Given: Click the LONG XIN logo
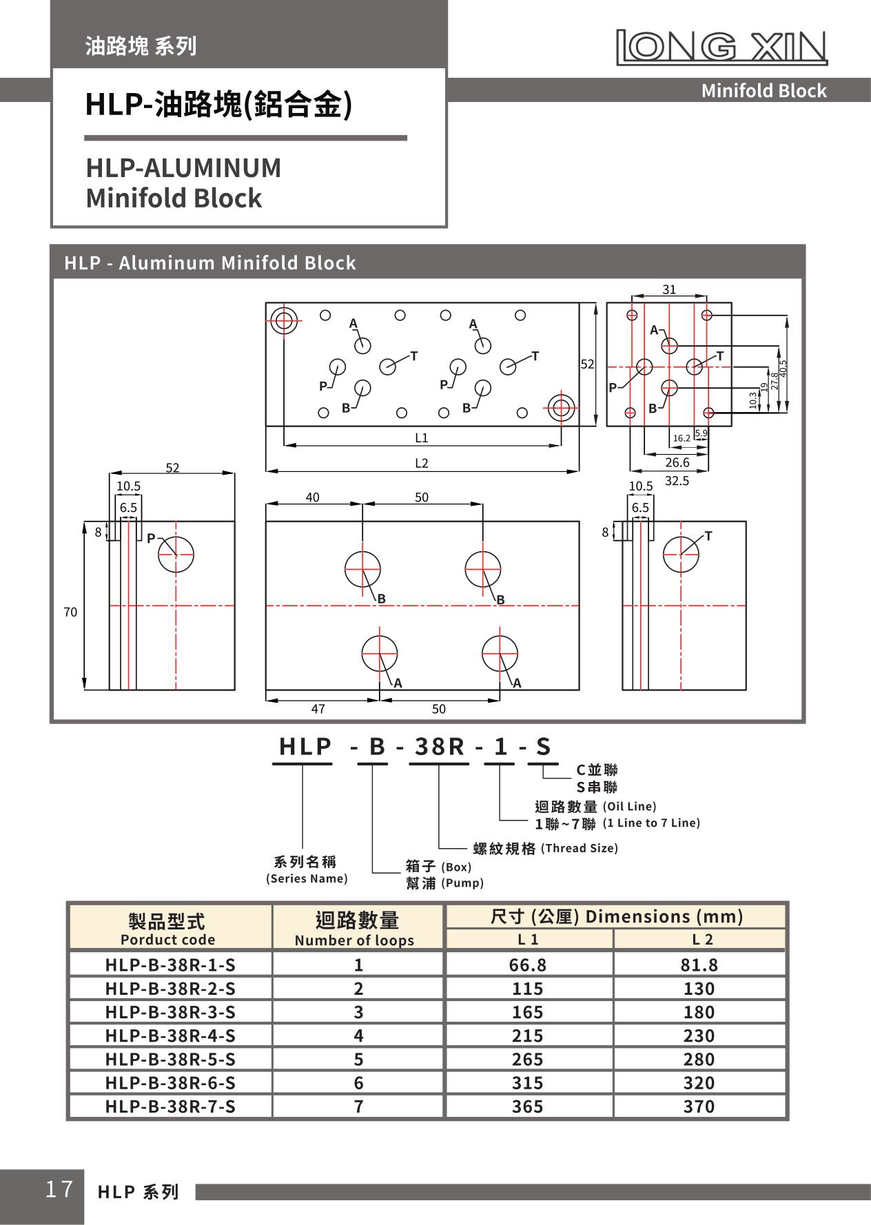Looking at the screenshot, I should [x=721, y=47].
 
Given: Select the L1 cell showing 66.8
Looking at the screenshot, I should [x=527, y=965].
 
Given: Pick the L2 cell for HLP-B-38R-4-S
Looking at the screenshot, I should [x=699, y=1036].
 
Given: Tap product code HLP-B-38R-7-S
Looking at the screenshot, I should [x=170, y=1106].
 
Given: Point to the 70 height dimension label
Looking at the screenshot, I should [x=70, y=612].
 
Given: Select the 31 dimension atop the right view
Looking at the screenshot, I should [x=669, y=290].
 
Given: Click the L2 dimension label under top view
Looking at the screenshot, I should [x=421, y=463].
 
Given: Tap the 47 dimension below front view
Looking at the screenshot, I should [x=318, y=709].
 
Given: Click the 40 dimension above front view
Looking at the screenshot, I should [x=312, y=497].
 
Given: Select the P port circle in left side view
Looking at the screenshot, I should [x=176, y=555].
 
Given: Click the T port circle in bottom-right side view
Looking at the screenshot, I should [x=681, y=555].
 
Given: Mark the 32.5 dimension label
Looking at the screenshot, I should [x=677, y=480].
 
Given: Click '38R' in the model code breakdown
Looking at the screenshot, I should [x=438, y=746].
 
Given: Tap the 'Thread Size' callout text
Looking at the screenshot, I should [x=579, y=848].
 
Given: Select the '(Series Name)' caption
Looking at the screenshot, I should [x=307, y=878].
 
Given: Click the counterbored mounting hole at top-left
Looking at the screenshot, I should [x=283, y=320].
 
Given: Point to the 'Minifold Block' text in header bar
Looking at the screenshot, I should [x=764, y=91].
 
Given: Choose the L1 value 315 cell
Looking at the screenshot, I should [x=527, y=1083].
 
